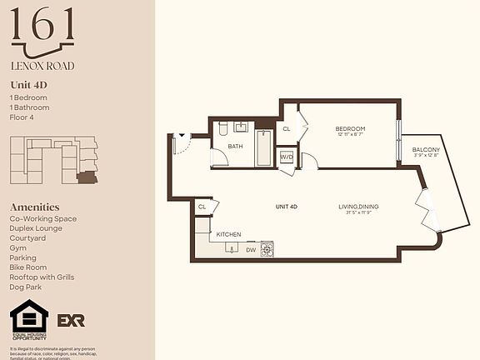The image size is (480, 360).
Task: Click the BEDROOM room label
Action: [351, 128]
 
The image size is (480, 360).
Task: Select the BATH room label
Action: [235, 147]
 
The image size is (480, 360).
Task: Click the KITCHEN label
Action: [228, 235]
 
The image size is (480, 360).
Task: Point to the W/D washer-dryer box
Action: [286, 157]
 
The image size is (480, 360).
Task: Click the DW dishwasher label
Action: [250, 248]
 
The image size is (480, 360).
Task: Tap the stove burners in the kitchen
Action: [267, 247]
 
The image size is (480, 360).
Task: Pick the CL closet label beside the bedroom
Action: [287, 129]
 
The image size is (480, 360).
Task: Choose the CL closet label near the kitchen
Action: [202, 207]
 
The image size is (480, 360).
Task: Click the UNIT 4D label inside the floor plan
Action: [287, 207]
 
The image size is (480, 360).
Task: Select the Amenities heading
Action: [34, 207]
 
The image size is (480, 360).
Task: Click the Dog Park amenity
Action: [26, 287]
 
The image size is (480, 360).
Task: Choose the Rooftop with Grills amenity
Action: [42, 277]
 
